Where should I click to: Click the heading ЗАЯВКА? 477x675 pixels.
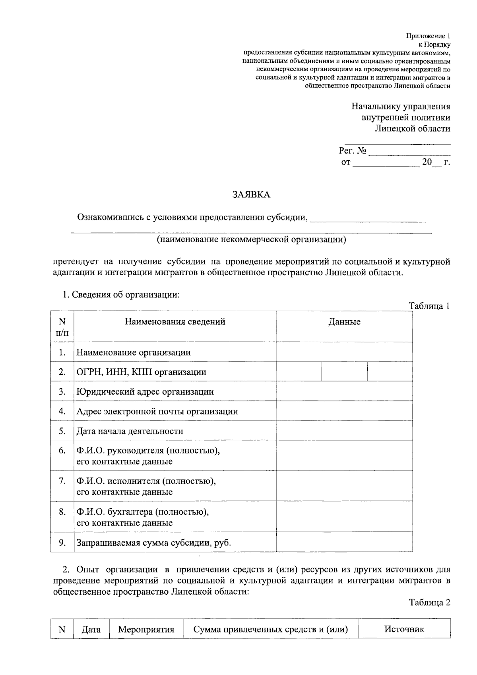(x=251, y=195)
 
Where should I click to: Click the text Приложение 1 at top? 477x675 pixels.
(x=428, y=36)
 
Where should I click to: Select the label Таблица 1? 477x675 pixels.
(x=430, y=306)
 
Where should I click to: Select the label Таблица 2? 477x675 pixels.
(x=430, y=603)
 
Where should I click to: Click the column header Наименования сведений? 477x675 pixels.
(x=175, y=322)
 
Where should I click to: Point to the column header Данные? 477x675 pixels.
(x=344, y=322)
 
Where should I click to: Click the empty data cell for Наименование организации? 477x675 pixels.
(x=344, y=352)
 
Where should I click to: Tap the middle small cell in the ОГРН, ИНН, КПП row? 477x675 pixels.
(x=344, y=372)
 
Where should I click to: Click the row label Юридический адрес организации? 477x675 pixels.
(x=145, y=392)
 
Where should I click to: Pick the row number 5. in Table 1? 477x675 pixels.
(x=62, y=431)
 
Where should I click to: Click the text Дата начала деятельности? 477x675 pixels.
(x=130, y=431)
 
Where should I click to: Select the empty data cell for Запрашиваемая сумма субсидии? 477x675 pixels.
(x=344, y=543)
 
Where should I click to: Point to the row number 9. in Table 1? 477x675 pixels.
(x=62, y=543)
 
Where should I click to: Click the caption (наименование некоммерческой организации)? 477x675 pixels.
(x=251, y=239)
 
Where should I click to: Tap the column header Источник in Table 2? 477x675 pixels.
(x=404, y=629)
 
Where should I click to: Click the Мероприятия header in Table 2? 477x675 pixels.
(x=146, y=630)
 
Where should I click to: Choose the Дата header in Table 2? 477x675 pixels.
(x=91, y=630)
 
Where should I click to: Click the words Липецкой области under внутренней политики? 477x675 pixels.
(x=413, y=128)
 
